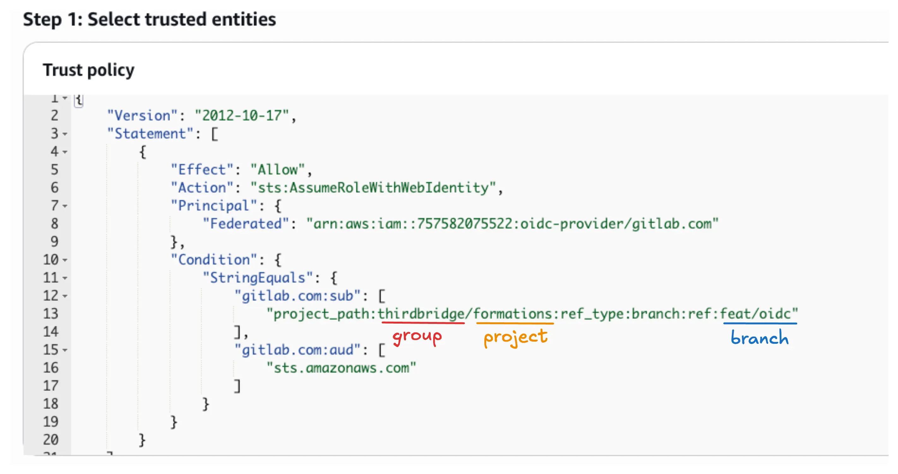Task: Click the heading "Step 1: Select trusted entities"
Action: point(149,19)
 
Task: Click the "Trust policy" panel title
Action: point(88,70)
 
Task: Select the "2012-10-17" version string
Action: point(242,115)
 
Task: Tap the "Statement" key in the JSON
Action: point(150,134)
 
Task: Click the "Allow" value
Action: point(278,169)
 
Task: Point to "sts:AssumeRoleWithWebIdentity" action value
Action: point(373,188)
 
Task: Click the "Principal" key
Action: point(214,205)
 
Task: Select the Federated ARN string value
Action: point(512,224)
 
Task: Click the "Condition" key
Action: point(214,259)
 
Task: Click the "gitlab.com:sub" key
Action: point(297,296)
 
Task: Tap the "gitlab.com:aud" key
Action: point(297,350)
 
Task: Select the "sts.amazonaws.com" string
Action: point(341,368)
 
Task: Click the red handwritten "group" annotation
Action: point(417,337)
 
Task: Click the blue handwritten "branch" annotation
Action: point(760,337)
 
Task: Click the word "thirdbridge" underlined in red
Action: point(421,313)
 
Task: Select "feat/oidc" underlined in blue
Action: point(755,313)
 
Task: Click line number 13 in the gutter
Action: point(51,313)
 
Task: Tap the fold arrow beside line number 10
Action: point(65,260)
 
